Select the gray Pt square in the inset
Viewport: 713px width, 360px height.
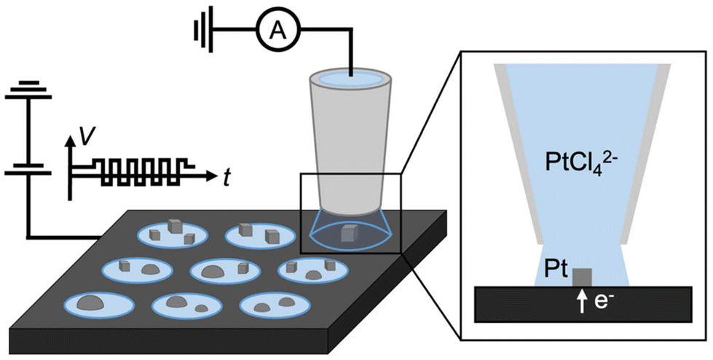click(x=582, y=278)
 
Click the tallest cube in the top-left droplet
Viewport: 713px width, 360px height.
click(x=175, y=227)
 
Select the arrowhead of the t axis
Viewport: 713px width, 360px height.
click(x=212, y=175)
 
